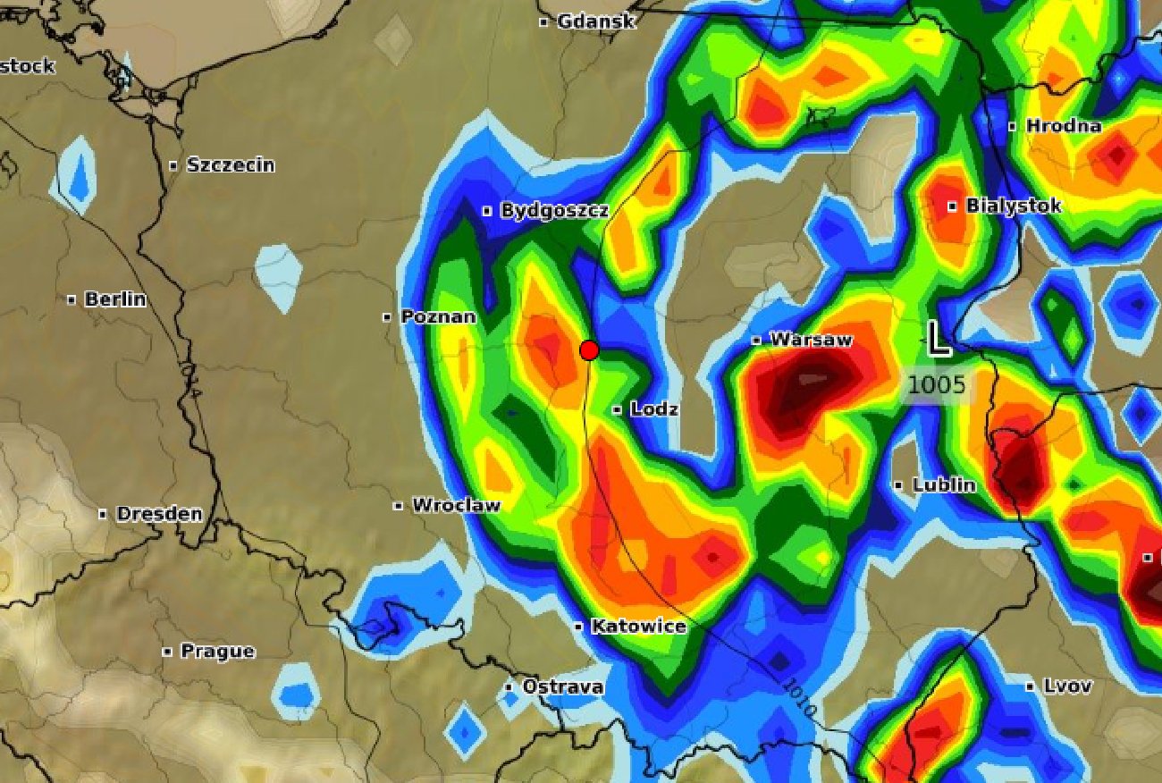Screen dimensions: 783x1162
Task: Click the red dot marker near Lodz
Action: [589, 350]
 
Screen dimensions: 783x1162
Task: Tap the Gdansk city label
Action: [595, 21]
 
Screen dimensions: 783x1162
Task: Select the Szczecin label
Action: [230, 165]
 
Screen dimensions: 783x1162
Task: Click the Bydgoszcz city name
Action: [554, 211]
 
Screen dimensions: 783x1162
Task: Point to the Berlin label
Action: [114, 299]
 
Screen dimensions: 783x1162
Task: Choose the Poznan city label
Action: [438, 316]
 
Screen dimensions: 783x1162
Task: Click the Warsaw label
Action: [811, 340]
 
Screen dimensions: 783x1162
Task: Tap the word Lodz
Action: [654, 409]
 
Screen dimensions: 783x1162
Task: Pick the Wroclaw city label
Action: [456, 505]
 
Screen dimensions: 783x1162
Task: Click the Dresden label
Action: [159, 514]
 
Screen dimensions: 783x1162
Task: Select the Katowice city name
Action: [638, 627]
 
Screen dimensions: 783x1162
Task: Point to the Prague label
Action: [217, 652]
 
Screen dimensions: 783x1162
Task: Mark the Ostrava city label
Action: [562, 686]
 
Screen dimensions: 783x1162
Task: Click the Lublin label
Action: [944, 485]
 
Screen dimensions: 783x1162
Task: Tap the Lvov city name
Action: [1067, 686]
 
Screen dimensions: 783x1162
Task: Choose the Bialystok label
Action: [1013, 206]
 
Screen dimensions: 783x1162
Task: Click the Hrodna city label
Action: [1063, 126]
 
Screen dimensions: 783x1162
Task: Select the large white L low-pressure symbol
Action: [936, 339]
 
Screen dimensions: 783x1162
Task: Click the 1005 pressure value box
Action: [937, 385]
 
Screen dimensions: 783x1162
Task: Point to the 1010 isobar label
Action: [799, 697]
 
